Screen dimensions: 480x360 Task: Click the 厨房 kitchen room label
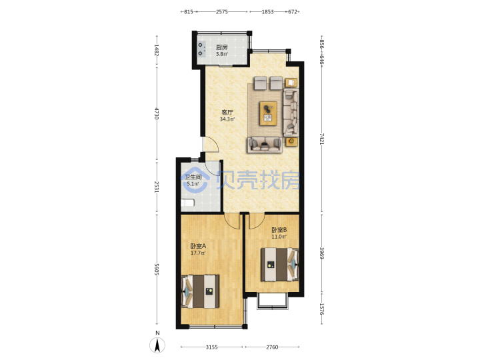coord(221,47)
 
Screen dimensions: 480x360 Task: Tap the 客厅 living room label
coord(227,113)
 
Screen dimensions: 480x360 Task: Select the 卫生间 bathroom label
coord(193,177)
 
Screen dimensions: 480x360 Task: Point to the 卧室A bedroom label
coord(198,246)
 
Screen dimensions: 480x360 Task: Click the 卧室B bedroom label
coord(279,229)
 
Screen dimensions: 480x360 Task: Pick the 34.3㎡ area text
coord(227,119)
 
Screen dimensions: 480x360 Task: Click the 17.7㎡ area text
coord(198,253)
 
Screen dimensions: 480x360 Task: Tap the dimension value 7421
coord(321,139)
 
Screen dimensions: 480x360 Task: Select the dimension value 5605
coord(157,269)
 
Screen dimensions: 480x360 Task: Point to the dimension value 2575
coord(222,11)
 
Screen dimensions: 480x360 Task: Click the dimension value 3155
coord(211,347)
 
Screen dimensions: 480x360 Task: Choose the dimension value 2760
coord(272,347)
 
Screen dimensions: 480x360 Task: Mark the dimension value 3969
coord(321,253)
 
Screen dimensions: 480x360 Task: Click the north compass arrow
coord(157,345)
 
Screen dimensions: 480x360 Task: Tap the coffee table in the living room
coord(268,113)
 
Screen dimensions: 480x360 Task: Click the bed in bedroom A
coord(201,291)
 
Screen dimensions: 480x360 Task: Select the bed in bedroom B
coord(279,265)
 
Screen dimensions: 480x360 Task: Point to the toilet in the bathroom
coord(187,203)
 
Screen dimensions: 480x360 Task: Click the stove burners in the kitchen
coord(201,49)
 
